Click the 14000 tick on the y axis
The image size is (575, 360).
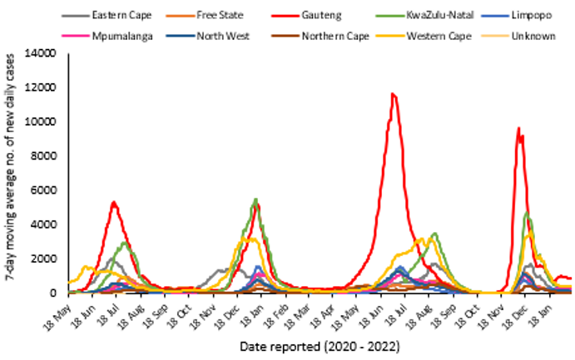[42, 53]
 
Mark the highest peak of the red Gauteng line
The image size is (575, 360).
[393, 94]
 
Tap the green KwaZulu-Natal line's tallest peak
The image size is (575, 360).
[255, 200]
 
